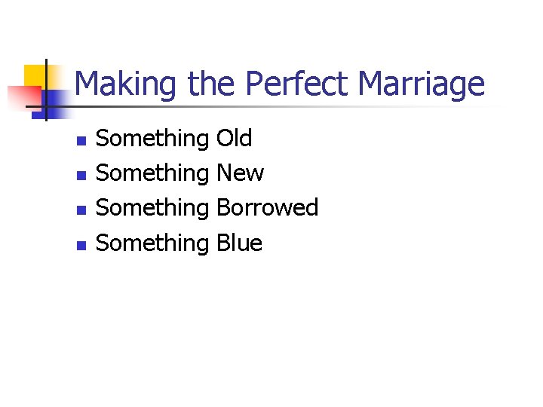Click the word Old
point(234,139)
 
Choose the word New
point(240,173)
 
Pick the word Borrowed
point(267,208)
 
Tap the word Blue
point(239,243)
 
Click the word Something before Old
point(153,139)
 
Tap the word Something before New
point(153,173)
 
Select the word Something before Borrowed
point(153,208)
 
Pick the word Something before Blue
point(153,243)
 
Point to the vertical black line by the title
point(45,90)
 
